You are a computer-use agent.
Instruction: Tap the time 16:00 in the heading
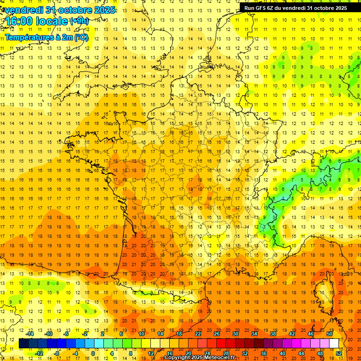click(20, 22)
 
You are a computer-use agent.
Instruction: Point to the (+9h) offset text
click(78, 21)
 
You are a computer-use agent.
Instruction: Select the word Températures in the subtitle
click(27, 37)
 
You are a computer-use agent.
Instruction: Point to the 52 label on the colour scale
click(339, 353)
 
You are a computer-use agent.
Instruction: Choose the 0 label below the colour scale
click(93, 353)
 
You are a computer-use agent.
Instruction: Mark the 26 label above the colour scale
click(217, 334)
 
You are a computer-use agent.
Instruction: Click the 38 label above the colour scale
click(273, 334)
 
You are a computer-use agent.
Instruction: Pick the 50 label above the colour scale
click(330, 334)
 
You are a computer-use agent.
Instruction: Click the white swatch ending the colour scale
click(334, 344)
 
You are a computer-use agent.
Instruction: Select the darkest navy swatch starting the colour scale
click(24, 344)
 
